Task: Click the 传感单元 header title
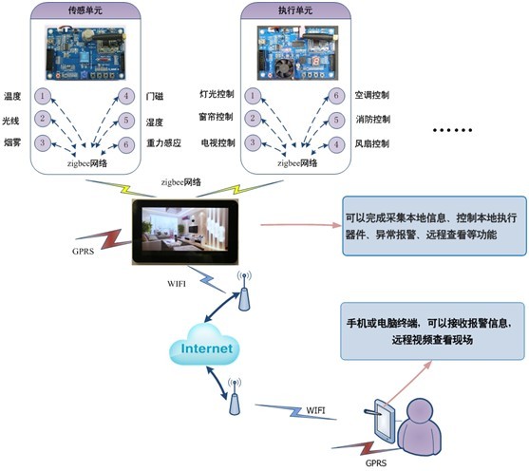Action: (85, 10)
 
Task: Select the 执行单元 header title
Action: (295, 10)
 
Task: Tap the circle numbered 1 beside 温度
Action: (43, 96)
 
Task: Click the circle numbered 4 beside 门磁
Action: (126, 96)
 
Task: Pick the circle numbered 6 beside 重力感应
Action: (126, 144)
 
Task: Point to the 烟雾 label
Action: (12, 142)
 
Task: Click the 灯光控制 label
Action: (217, 94)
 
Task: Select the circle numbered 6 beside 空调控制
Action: (336, 96)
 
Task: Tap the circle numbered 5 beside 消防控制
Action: (336, 120)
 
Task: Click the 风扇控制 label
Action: (372, 143)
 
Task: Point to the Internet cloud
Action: (204, 346)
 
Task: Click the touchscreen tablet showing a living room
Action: (185, 232)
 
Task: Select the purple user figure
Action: (420, 426)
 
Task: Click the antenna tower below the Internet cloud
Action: (235, 396)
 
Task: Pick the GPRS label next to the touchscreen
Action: (83, 252)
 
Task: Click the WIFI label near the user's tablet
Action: (315, 410)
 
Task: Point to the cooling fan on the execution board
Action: (284, 67)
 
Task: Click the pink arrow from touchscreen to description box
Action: (301, 225)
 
